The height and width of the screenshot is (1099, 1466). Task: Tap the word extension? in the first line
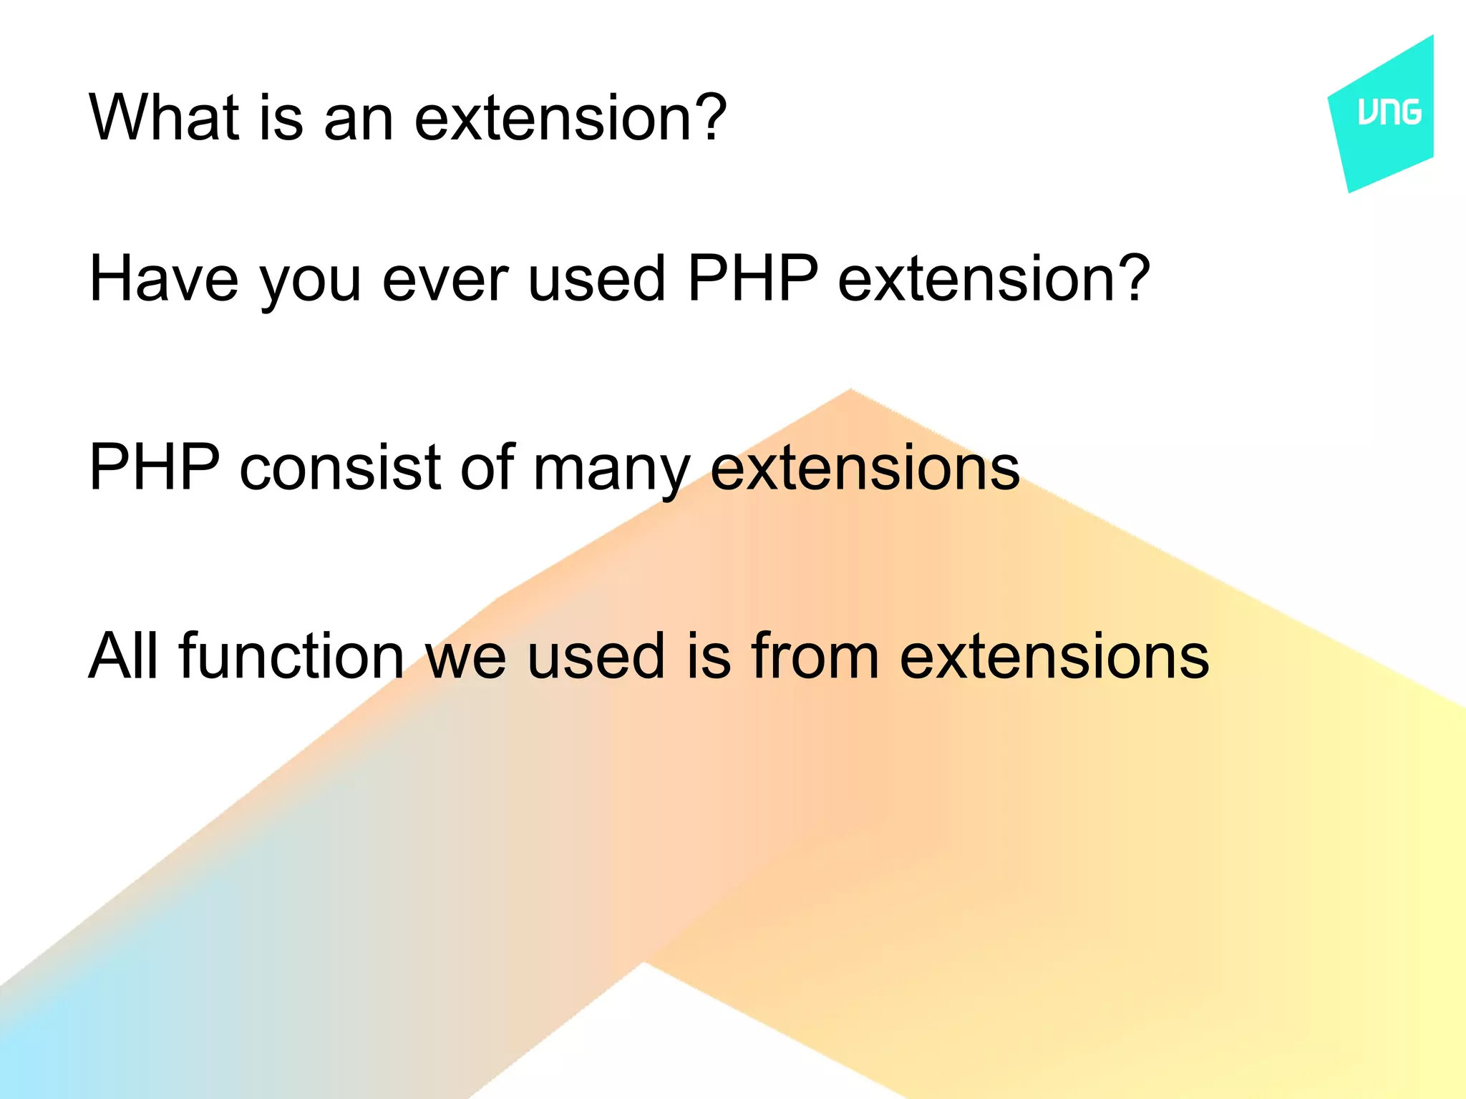tap(571, 117)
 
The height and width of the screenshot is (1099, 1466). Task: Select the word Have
tap(163, 279)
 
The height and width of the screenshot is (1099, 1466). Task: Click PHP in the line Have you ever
tap(752, 279)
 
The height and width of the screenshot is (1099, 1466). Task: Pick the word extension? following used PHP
tap(994, 279)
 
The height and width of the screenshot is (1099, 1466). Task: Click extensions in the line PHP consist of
tap(865, 467)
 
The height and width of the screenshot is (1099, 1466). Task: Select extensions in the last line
tap(1054, 655)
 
